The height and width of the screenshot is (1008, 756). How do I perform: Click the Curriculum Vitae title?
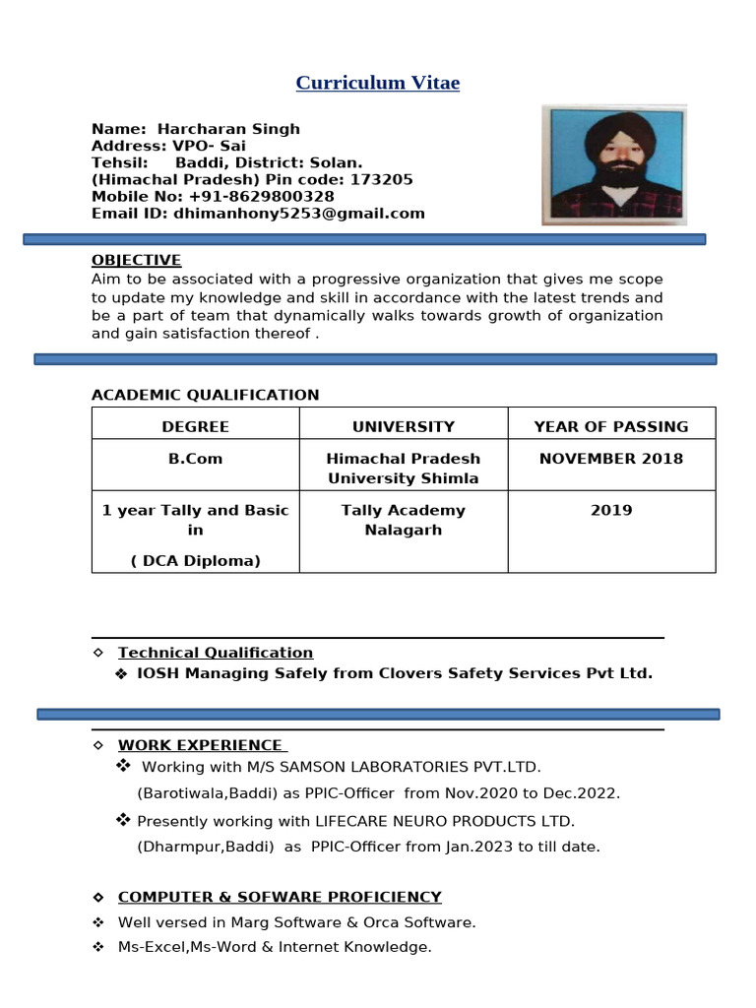point(377,83)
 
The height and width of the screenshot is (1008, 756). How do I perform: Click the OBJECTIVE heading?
point(136,261)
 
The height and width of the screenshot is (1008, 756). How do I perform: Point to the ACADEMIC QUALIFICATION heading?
point(205,396)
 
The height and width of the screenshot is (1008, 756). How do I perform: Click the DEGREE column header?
point(195,427)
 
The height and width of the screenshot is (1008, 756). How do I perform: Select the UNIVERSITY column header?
point(404,427)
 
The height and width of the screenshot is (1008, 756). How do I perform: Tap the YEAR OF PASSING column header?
point(611,427)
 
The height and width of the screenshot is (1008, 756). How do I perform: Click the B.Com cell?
point(195,459)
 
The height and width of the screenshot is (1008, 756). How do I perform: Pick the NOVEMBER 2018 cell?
point(611,459)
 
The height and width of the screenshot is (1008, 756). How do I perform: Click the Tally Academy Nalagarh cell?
point(404,520)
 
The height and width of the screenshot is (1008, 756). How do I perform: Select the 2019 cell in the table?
point(611,510)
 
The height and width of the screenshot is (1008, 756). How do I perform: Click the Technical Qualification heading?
point(216,653)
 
